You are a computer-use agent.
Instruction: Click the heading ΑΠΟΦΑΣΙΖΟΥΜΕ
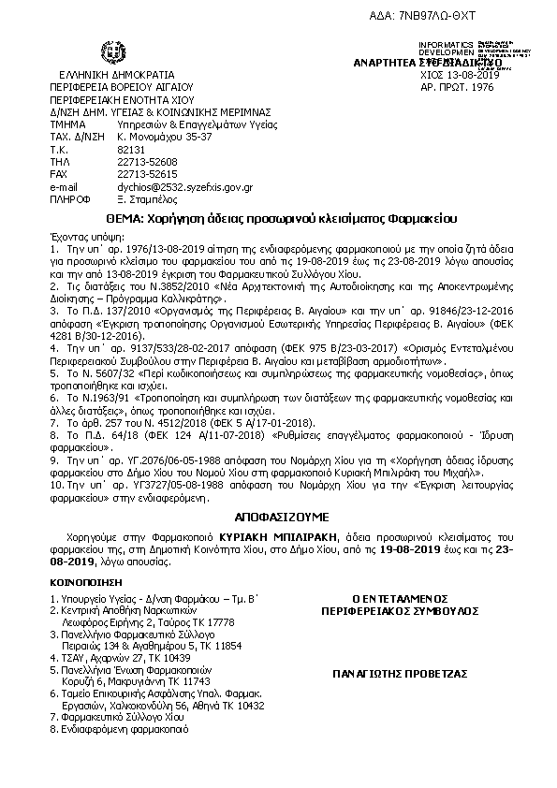pyautogui.click(x=278, y=515)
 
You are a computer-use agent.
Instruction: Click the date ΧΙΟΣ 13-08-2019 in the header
pyautogui.click(x=461, y=75)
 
